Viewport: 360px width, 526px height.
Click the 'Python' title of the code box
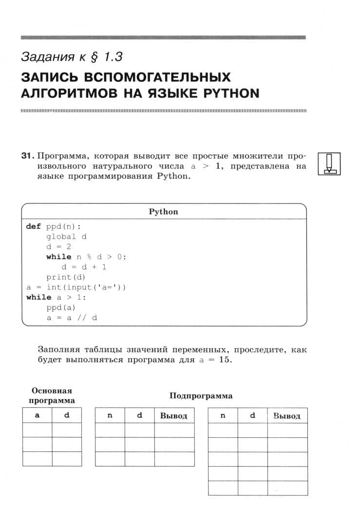(163, 212)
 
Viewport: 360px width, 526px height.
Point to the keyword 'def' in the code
(34, 226)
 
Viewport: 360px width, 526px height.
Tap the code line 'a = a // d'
(72, 318)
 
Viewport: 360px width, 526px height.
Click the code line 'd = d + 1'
(84, 267)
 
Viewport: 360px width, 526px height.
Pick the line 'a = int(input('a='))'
(76, 287)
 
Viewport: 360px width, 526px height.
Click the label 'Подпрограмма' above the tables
(201, 396)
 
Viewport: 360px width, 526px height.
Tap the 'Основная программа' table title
(52, 395)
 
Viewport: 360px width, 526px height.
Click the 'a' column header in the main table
(37, 415)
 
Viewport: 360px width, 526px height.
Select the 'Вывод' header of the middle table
(174, 416)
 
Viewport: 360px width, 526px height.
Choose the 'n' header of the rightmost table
(223, 415)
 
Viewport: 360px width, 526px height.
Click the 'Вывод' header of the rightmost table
(287, 416)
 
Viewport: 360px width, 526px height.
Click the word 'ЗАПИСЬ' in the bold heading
(49, 77)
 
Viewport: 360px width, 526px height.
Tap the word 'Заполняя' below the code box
(57, 350)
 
